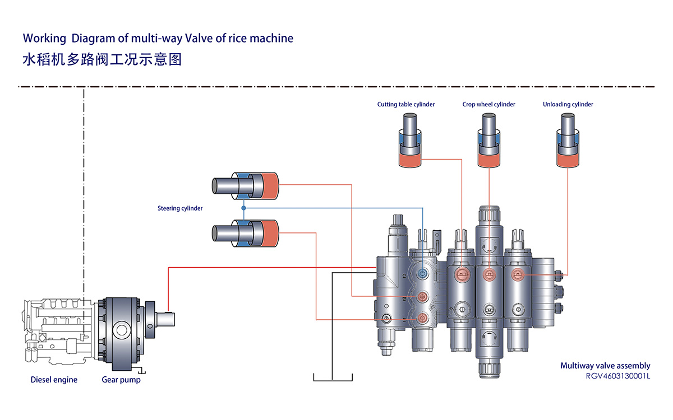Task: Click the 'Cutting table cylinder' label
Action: (x=405, y=104)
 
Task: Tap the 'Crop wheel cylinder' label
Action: (x=488, y=104)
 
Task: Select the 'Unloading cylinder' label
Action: (x=568, y=104)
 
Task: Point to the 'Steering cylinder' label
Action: (x=180, y=208)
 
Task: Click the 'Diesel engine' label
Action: (x=54, y=380)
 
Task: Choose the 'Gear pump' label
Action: (x=121, y=380)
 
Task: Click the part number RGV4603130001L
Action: (x=616, y=376)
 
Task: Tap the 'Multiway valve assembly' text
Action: (x=605, y=366)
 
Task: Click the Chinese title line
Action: (x=102, y=59)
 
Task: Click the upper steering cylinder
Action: (x=245, y=185)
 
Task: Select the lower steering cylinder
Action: (x=245, y=232)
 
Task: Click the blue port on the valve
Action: (x=423, y=272)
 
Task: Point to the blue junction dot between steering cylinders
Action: (x=244, y=208)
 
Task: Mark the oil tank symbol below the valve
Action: (x=333, y=376)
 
